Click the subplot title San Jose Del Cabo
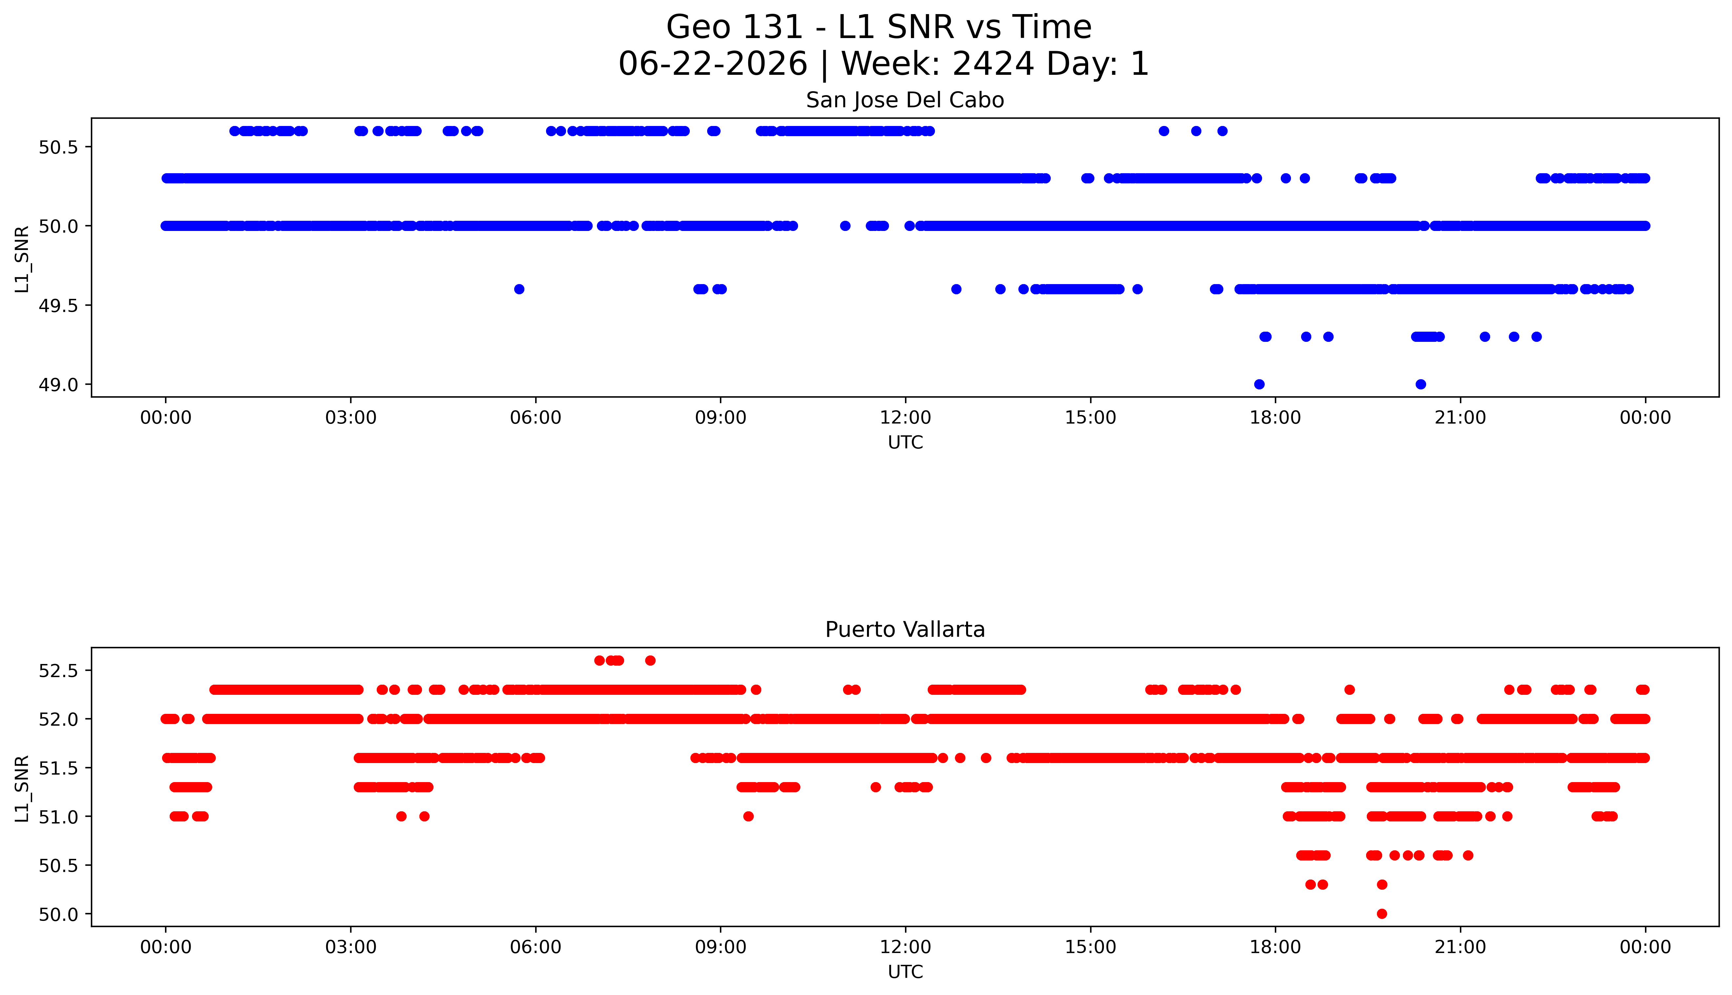coord(905,100)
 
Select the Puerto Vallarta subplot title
coord(905,630)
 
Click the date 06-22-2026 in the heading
coord(713,64)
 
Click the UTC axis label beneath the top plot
coord(905,443)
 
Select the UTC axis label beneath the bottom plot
coord(905,972)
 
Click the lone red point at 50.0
coord(1381,914)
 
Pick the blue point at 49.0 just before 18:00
coord(1259,384)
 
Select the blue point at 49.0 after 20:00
coord(1420,384)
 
